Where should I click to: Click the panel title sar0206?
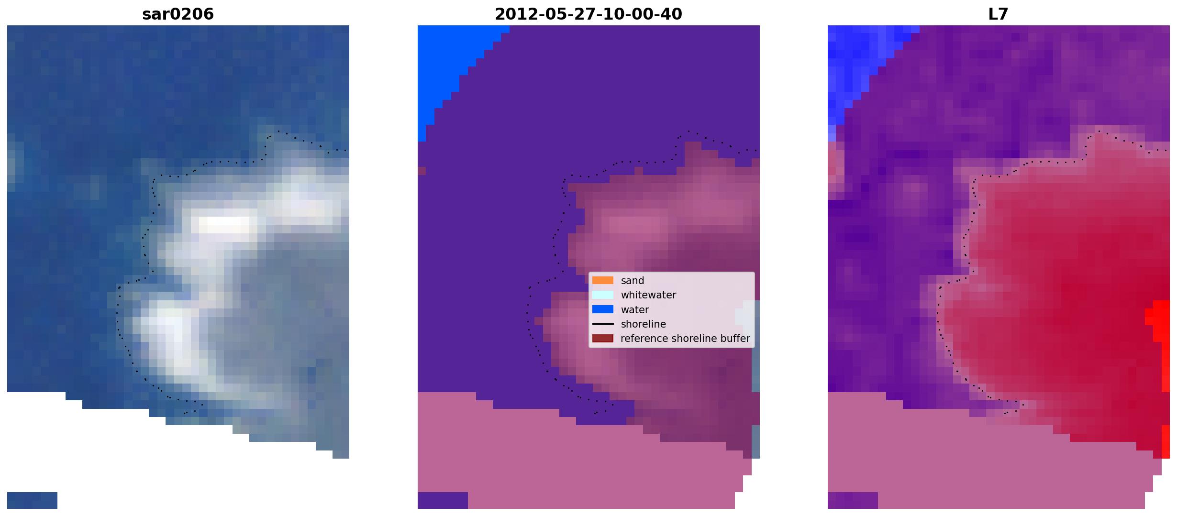click(178, 14)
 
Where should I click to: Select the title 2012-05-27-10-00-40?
click(588, 14)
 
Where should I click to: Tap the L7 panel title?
click(999, 14)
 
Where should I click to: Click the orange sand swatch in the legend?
click(603, 281)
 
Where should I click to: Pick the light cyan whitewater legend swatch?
click(603, 295)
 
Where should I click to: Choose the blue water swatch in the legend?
click(603, 309)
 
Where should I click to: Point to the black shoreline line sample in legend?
click(603, 324)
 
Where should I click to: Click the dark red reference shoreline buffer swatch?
click(603, 339)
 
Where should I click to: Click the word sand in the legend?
click(633, 281)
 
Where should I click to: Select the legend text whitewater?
click(648, 295)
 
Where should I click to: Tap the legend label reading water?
click(635, 310)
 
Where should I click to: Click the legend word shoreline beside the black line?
click(644, 324)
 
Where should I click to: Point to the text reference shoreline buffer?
click(685, 339)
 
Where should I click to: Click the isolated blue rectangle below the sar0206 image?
click(32, 500)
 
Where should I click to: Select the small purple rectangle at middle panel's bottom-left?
click(443, 500)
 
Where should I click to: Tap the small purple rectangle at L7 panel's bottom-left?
click(853, 500)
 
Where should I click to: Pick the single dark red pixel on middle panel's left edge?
click(422, 171)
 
